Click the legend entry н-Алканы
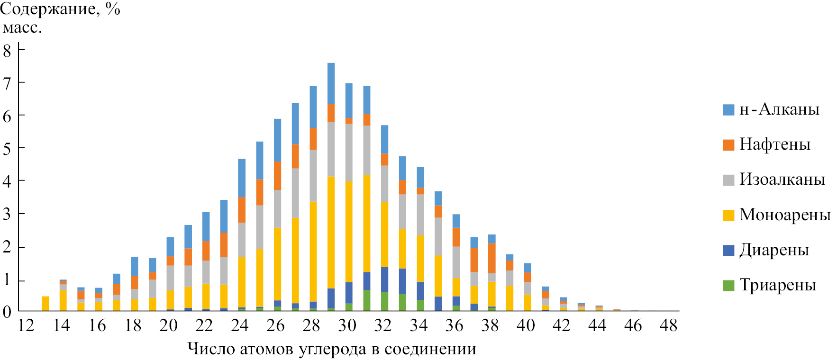click(x=779, y=109)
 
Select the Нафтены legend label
click(x=775, y=144)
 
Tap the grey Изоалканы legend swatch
click(x=728, y=180)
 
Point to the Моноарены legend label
click(x=785, y=215)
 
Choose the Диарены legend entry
click(x=774, y=250)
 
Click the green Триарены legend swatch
click(x=728, y=285)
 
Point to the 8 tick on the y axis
click(x=7, y=51)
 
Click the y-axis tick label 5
click(x=7, y=149)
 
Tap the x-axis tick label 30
click(x=347, y=325)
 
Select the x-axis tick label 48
click(x=669, y=325)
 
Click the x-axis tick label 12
click(x=26, y=325)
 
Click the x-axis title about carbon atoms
click(x=332, y=349)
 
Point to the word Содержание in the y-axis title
click(x=50, y=9)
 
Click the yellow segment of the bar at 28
click(x=313, y=251)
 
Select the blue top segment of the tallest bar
click(x=331, y=83)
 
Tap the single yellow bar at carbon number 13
click(x=45, y=304)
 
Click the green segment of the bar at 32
click(x=384, y=301)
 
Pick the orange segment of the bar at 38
click(x=491, y=258)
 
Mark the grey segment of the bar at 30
click(x=349, y=153)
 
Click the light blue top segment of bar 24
click(x=242, y=178)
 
